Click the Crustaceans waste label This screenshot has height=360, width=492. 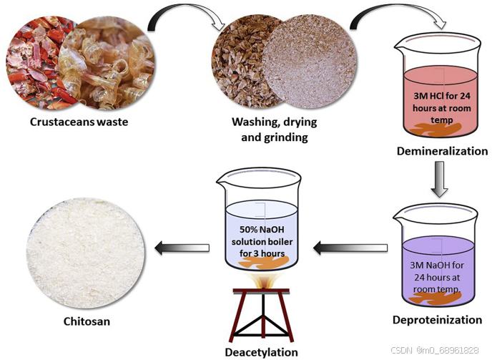click(79, 122)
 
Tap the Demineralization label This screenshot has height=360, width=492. click(443, 151)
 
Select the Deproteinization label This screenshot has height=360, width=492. click(438, 319)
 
